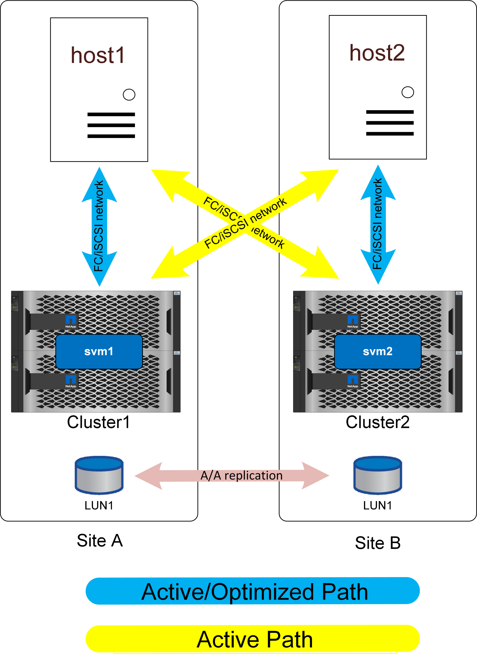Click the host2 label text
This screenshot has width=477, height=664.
[377, 53]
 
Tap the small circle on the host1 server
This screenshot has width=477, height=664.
[129, 94]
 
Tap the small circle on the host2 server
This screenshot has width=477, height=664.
[408, 92]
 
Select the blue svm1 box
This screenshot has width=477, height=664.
[99, 351]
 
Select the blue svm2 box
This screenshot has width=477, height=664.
[378, 351]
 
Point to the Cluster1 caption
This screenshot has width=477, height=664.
[99, 422]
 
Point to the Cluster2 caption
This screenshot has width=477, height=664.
[378, 422]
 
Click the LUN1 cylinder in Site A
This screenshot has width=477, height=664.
[99, 475]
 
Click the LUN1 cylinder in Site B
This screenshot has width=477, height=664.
[378, 475]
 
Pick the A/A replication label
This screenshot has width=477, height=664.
[241, 475]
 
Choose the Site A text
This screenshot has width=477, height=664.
[99, 540]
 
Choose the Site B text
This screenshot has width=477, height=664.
[378, 543]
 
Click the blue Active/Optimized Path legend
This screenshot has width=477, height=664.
[252, 591]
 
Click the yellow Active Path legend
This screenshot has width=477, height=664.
[252, 639]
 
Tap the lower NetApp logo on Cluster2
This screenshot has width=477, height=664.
[353, 381]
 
